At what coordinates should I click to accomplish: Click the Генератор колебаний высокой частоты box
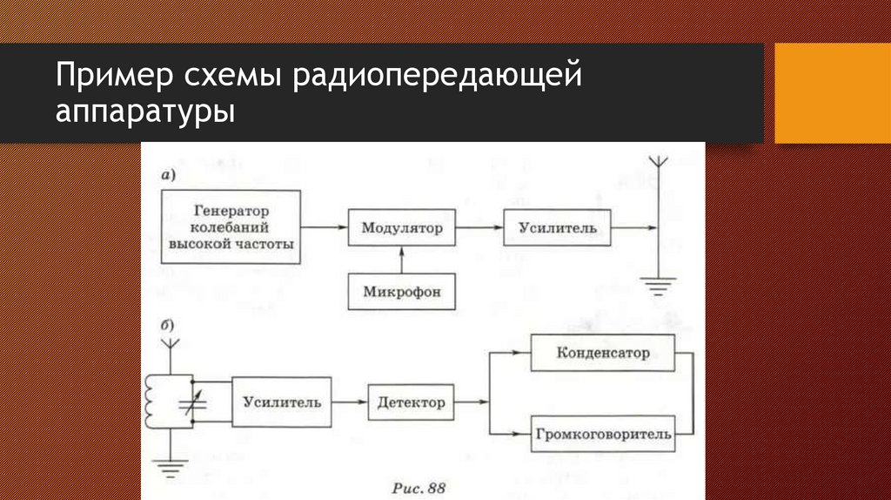[231, 227]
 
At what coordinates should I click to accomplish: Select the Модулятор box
[401, 228]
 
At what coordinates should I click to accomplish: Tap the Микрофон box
[401, 292]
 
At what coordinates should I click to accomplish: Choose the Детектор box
[412, 402]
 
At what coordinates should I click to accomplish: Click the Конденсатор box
[604, 354]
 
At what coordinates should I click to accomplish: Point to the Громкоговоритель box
[604, 433]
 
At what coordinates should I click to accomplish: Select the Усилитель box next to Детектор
[281, 402]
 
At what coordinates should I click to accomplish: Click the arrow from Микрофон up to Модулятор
[401, 260]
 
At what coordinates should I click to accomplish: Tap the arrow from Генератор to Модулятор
[325, 228]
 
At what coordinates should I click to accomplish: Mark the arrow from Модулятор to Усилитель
[479, 228]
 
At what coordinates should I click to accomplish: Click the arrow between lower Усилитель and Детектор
[350, 402]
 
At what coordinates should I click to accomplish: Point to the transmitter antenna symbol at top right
[659, 165]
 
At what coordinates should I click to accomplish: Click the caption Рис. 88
[419, 487]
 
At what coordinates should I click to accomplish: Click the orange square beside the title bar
[832, 92]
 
